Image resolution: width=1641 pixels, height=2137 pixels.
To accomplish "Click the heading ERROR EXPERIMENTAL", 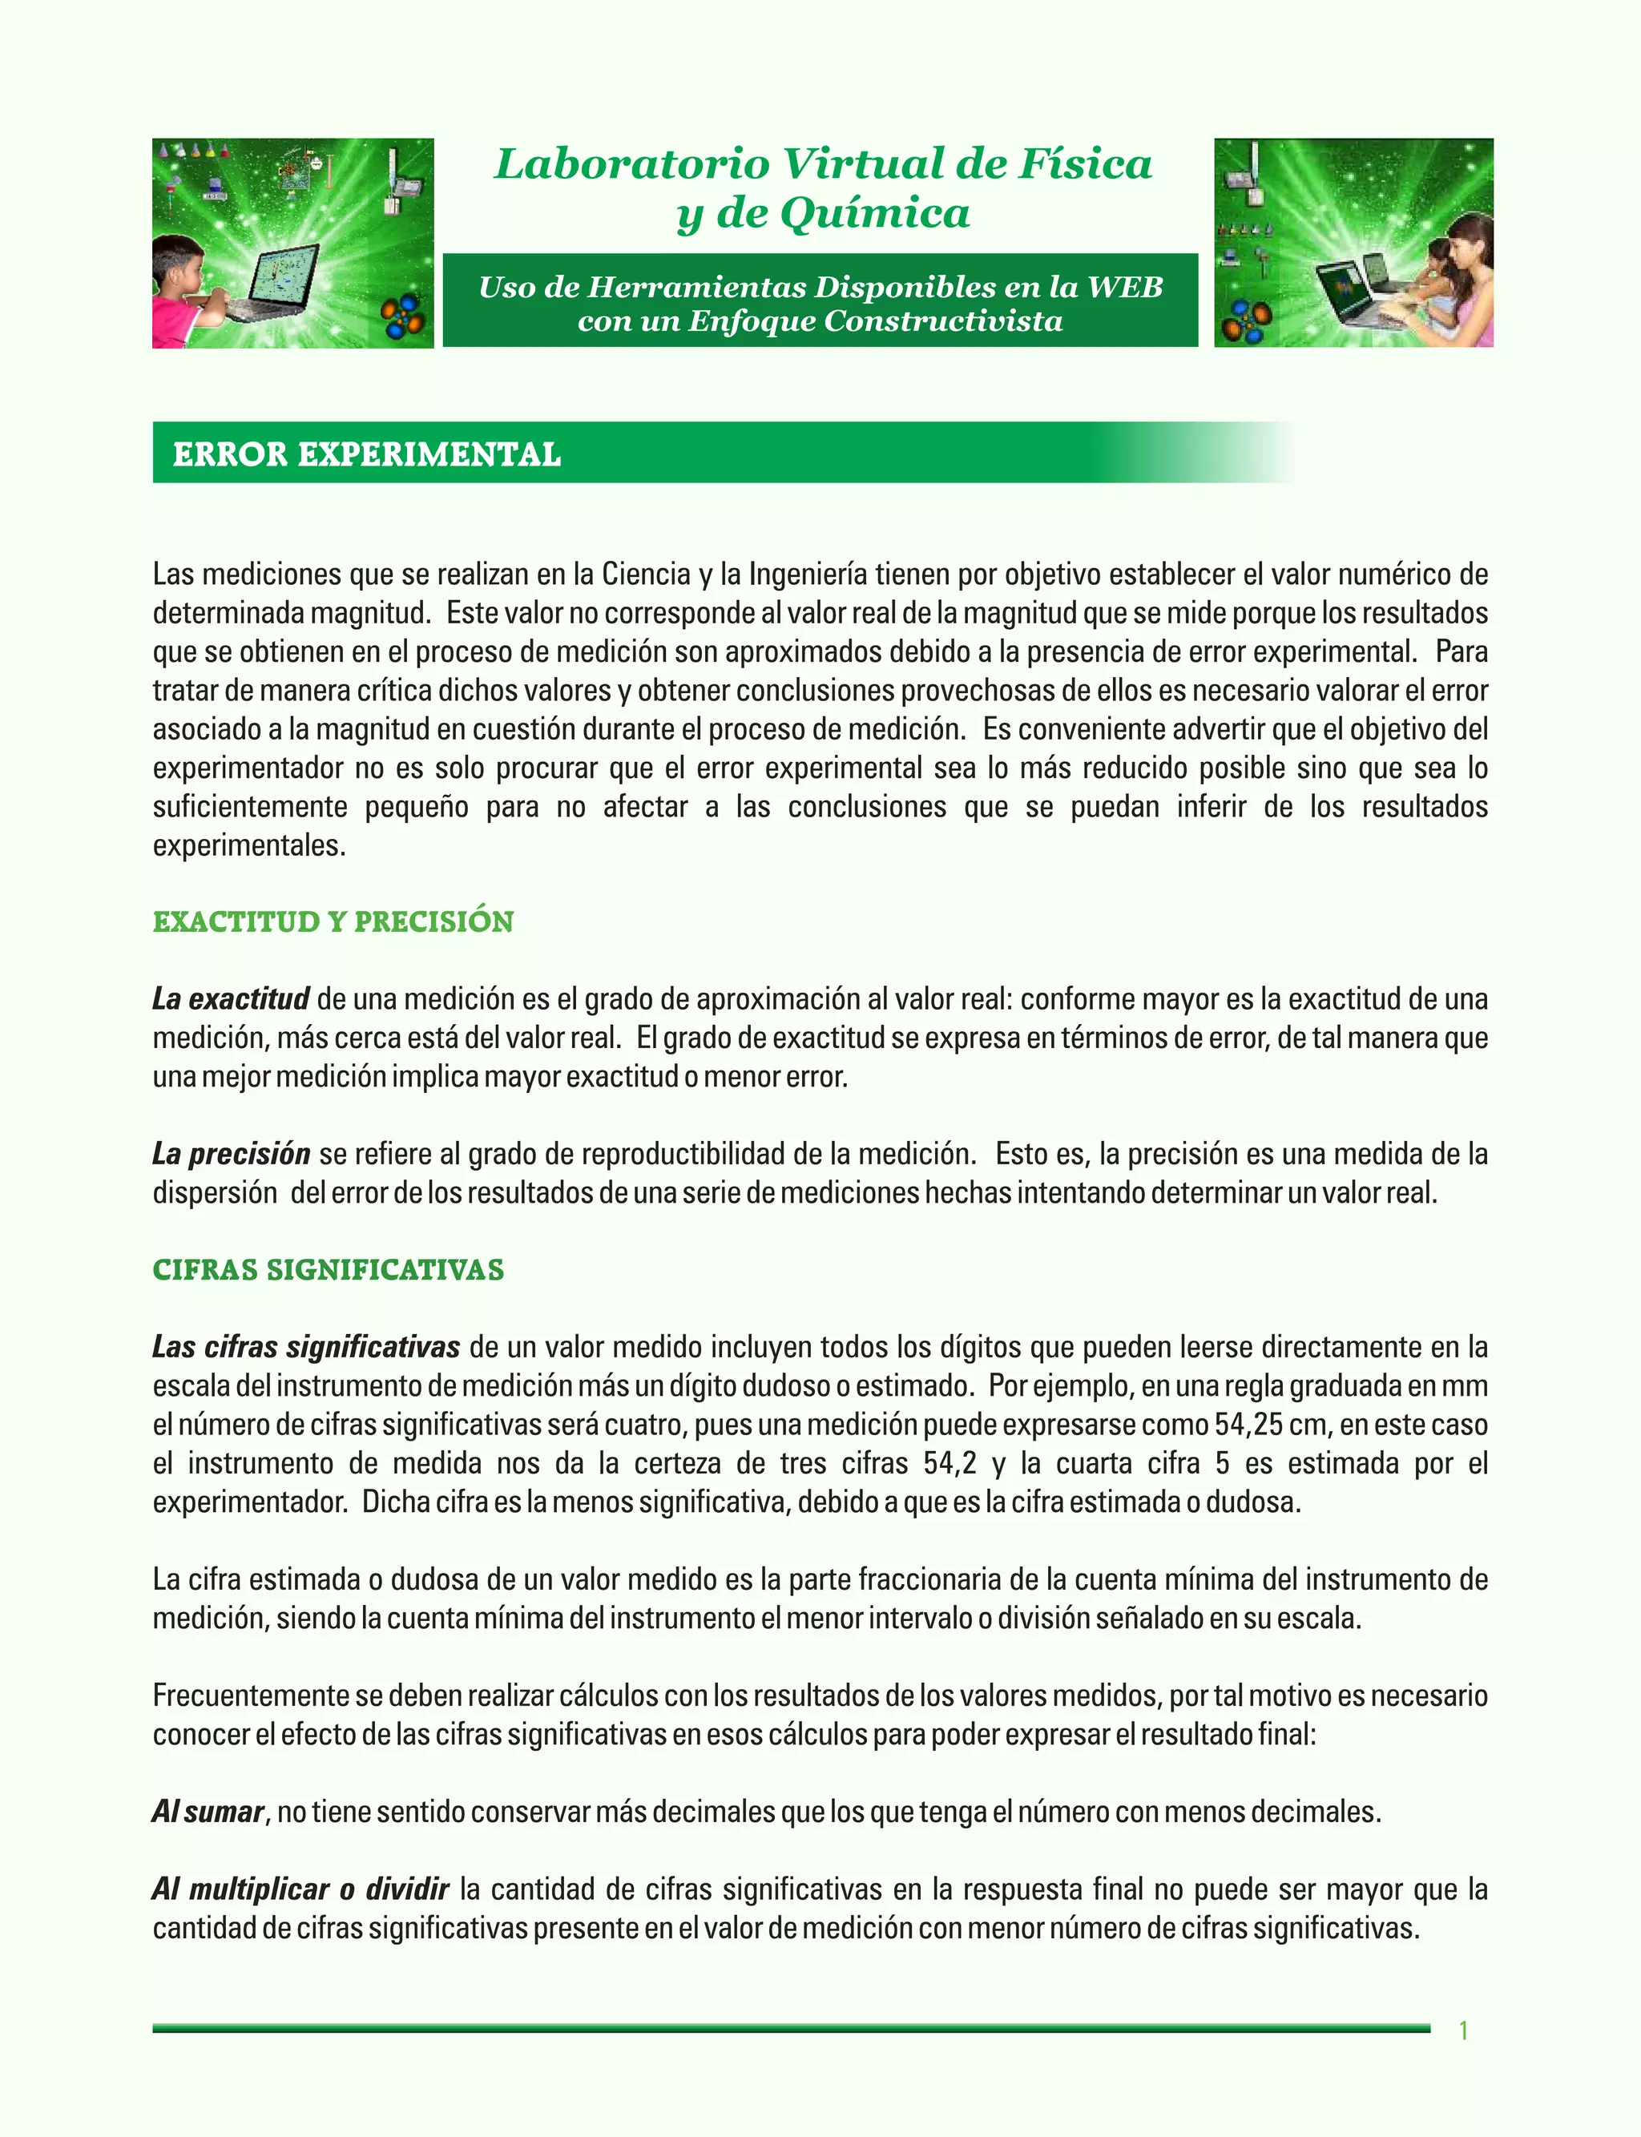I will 366,454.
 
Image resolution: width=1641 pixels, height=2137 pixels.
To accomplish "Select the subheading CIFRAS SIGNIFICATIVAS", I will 329,1270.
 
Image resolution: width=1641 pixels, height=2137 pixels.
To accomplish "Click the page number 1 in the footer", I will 1463,2030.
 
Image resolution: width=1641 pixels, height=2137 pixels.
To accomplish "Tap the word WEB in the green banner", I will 1125,287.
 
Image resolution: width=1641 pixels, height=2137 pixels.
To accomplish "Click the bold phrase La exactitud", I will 231,999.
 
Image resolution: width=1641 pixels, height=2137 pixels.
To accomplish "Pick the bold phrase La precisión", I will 232,1155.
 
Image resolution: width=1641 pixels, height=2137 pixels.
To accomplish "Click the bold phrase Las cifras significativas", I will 306,1348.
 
